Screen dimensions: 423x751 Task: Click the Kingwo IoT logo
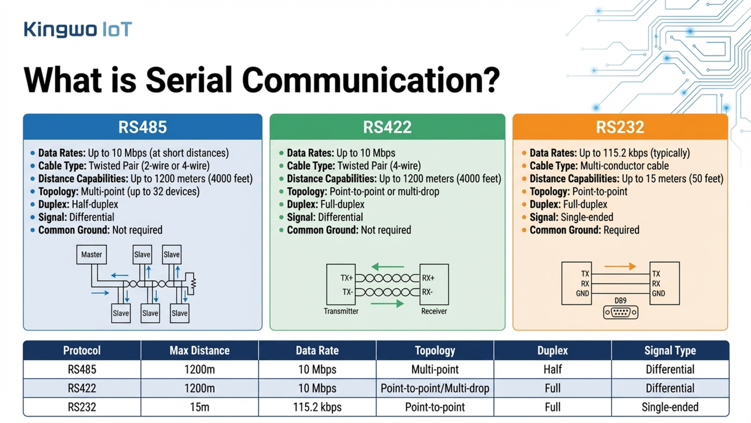[78, 29]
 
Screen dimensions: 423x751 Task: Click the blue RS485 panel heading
[142, 127]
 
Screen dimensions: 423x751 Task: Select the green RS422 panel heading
[387, 127]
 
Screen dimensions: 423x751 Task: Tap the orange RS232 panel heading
[620, 127]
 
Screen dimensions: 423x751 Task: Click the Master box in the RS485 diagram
[91, 255]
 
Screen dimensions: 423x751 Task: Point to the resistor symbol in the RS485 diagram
[193, 284]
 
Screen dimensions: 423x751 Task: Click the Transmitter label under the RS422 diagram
[341, 311]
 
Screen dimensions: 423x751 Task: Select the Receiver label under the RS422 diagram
[434, 311]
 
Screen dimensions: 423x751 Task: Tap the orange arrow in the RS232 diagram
[620, 266]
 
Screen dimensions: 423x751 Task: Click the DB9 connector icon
[621, 312]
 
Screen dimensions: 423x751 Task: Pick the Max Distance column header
[199, 350]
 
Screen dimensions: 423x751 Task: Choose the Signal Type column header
[670, 350]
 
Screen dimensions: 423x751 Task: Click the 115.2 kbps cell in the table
[317, 407]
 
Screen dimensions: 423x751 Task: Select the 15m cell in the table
[199, 407]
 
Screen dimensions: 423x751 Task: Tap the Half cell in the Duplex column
[552, 370]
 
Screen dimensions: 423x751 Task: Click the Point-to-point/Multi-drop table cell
[434, 389]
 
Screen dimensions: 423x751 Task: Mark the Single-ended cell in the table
[670, 407]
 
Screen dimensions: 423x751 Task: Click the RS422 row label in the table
[82, 389]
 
